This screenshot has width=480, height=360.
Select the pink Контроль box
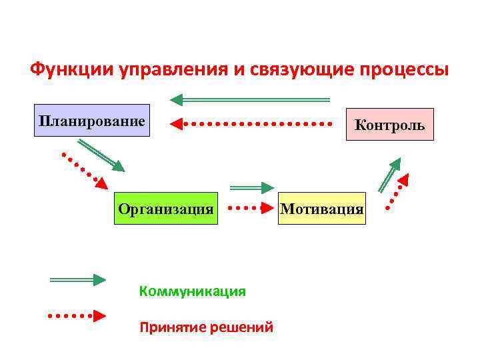(x=390, y=124)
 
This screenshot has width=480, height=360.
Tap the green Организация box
(x=166, y=208)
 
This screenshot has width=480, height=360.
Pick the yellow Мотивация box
(x=322, y=208)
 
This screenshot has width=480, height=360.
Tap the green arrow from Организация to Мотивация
(x=252, y=188)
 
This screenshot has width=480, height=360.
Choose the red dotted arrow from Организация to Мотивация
(x=252, y=208)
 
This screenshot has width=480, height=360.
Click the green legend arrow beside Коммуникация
(x=77, y=280)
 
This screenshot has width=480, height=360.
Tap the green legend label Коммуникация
(x=192, y=291)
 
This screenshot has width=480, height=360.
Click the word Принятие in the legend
(x=165, y=327)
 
